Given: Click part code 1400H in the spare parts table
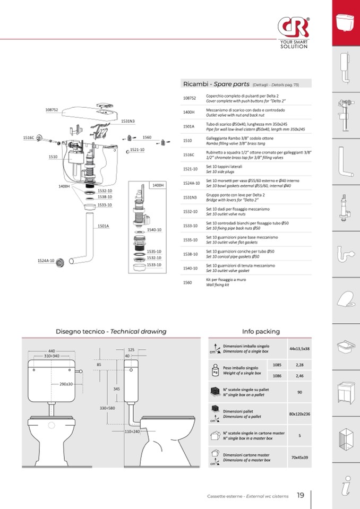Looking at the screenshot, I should tap(189, 112).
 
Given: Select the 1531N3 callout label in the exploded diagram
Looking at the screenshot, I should tap(128, 121).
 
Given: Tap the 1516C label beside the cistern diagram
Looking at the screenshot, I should tap(29, 137).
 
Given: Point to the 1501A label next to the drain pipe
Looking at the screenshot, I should tap(103, 226).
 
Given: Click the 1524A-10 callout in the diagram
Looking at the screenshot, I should tap(46, 261).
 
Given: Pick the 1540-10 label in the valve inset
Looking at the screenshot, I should tap(154, 230).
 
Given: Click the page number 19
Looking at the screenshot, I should tap(301, 495).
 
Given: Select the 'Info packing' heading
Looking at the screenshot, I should tap(261, 331).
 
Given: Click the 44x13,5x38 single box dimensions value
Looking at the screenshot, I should tap(299, 349).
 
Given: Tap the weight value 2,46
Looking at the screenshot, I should tap(299, 376).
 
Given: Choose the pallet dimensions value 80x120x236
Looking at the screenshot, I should tap(299, 414).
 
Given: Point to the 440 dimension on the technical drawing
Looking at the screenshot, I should tap(52, 351).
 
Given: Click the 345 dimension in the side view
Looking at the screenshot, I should tap(116, 389).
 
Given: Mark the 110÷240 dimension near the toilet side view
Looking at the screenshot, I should tap(132, 432).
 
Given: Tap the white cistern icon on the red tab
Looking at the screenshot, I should tap(346, 23).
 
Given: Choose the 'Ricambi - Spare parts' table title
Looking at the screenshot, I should tap(213, 84).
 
